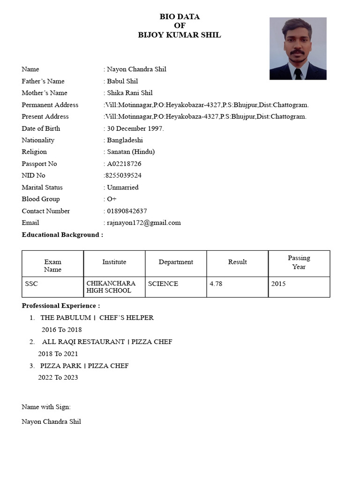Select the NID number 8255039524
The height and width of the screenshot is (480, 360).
pos(123,175)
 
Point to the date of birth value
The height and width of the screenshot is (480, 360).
pos(135,128)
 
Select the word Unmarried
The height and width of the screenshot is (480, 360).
pos(122,187)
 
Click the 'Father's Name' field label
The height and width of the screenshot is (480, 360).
pos(43,81)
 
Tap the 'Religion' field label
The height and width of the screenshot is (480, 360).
pos(34,152)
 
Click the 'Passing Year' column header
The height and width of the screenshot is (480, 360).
pos(299,262)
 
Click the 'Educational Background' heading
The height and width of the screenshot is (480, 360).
pos(62,234)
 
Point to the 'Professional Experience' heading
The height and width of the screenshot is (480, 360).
pos(61,306)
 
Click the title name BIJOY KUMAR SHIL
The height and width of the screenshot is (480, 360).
pos(180,35)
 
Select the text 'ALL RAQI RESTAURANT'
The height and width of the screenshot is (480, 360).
pos(83,342)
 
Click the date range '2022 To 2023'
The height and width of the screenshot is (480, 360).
pos(58,377)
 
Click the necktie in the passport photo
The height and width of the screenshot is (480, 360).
pos(298,74)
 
